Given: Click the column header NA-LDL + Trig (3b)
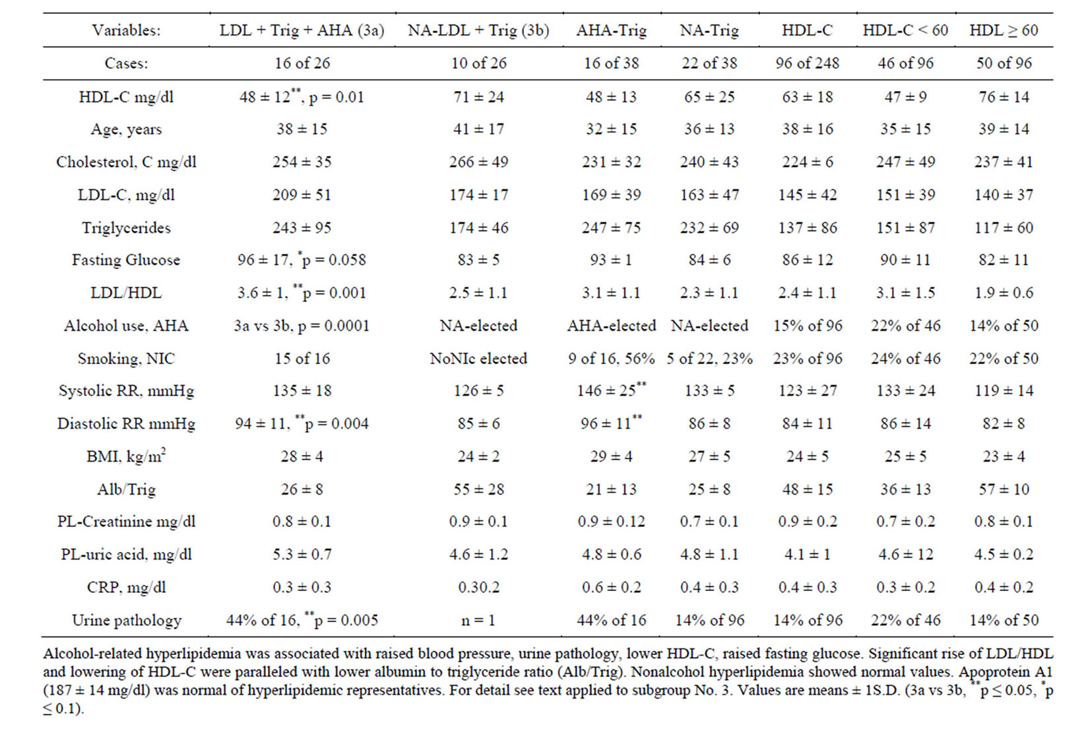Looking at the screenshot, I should coord(478,30).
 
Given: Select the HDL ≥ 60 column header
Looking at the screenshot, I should coord(1004,30).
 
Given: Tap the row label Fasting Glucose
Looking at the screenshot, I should coord(125,260).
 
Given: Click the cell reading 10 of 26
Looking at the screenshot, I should coord(478,63).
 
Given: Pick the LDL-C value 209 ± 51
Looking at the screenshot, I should coord(302,195).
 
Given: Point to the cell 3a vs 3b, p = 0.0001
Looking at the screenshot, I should coord(302,326).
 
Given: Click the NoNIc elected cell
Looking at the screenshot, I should coord(478,359).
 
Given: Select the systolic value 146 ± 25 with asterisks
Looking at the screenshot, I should coord(611,391).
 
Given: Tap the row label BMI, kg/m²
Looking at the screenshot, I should coord(125,456).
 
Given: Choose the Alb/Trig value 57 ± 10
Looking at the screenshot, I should coord(1004,489).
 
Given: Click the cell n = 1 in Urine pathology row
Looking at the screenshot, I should coord(478,621).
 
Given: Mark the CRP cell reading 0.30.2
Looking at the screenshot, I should coord(478,588).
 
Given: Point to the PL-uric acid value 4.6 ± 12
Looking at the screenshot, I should coord(905,555).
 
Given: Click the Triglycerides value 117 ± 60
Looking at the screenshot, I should coord(1004,228).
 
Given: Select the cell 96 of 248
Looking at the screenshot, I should coord(807,63).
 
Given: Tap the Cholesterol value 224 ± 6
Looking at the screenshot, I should coord(807,162).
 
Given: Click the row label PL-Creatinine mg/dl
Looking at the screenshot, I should coord(125,522).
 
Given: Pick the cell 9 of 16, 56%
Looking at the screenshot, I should coord(611,359).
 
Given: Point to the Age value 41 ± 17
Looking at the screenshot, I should coord(478,129).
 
